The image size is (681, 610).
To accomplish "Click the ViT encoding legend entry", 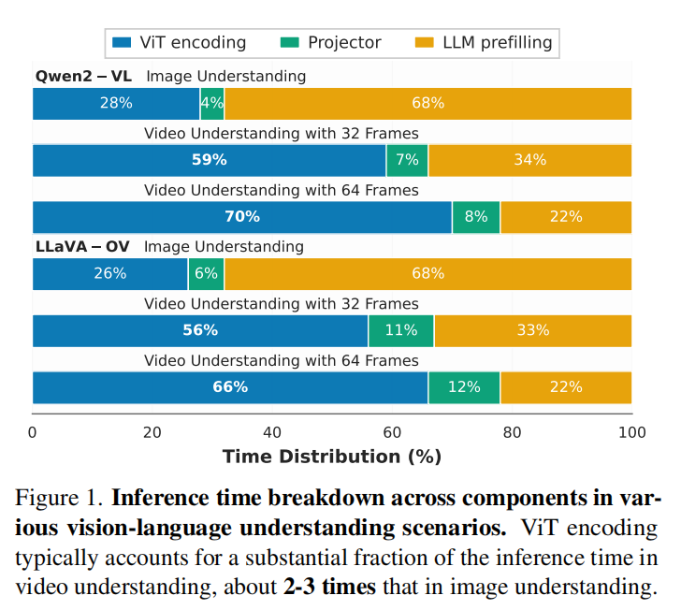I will [x=178, y=42].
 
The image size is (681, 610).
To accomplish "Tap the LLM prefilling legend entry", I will [x=484, y=42].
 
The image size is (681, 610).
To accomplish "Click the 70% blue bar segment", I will [x=242, y=217].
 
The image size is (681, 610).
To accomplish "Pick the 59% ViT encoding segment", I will [x=210, y=160].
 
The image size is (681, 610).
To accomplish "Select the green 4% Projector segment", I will [x=212, y=103].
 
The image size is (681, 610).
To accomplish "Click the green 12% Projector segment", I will [x=464, y=387].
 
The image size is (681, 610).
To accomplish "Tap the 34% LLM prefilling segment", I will [x=529, y=160].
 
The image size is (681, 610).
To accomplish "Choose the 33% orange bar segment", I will [x=533, y=330].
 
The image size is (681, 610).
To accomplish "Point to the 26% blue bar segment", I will [x=110, y=274].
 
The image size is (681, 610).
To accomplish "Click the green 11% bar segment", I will [x=401, y=330].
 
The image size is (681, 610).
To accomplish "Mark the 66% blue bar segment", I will [x=230, y=387].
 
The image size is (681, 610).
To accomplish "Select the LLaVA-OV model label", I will [x=82, y=246].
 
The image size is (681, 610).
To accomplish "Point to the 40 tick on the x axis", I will [x=272, y=433].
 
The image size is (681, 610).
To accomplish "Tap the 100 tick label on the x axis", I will [x=631, y=433].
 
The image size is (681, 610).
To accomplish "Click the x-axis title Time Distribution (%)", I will [x=331, y=457].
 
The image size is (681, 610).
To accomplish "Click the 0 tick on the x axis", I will [x=33, y=433].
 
